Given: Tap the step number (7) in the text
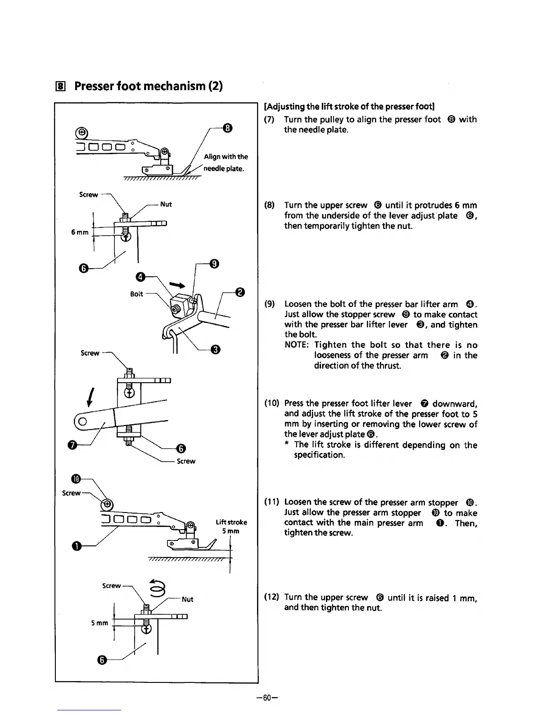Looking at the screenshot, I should tap(269, 119).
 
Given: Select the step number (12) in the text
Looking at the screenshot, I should tap(271, 597).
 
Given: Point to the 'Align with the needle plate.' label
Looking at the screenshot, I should tap(225, 163).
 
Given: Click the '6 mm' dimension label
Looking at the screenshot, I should tap(80, 232).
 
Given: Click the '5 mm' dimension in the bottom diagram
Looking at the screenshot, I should tap(99, 623).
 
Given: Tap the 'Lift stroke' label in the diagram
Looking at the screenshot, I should tap(231, 522).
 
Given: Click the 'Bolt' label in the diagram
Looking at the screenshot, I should tap(136, 294).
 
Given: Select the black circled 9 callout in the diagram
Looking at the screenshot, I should tap(214, 264).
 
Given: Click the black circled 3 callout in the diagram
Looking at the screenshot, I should tap(216, 349).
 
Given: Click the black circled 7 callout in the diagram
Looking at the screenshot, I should tap(72, 445).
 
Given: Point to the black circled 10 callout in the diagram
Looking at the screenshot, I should tap(76, 478).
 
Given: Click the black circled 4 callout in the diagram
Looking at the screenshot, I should tap(140, 276).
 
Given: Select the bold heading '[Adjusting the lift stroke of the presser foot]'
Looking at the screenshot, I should tap(349, 107).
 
